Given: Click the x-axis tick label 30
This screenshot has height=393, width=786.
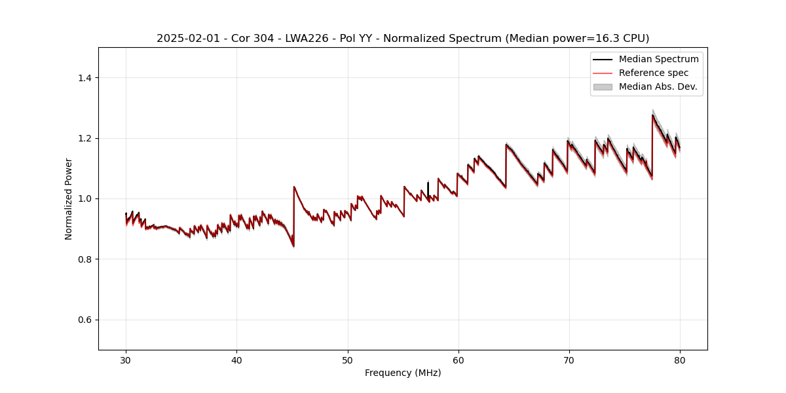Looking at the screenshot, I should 126,360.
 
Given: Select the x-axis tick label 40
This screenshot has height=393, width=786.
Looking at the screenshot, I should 236,360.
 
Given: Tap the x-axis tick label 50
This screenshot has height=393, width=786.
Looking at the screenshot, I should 348,360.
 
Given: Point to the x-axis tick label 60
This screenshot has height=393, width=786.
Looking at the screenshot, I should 458,360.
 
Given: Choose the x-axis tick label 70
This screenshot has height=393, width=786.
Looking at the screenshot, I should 569,360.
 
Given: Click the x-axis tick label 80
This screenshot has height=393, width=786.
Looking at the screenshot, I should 680,360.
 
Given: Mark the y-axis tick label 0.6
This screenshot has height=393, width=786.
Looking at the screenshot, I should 85,320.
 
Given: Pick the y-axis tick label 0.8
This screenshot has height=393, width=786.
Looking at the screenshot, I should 85,259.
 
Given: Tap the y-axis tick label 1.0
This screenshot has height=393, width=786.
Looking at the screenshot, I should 85,198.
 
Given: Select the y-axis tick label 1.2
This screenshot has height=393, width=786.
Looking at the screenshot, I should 85,138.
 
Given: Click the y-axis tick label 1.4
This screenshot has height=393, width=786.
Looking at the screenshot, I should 85,78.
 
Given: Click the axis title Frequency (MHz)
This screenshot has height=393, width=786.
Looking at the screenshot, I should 403,373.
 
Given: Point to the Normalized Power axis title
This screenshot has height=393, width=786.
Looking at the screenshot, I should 69,198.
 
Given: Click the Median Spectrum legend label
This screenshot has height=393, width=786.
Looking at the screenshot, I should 658,59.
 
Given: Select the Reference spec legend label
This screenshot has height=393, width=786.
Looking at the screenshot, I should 653,73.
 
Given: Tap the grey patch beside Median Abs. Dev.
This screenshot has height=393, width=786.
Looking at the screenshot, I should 603,86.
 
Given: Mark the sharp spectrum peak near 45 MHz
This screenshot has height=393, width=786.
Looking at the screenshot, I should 294,187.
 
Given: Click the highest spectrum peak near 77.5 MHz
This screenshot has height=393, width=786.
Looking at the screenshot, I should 652,115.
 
